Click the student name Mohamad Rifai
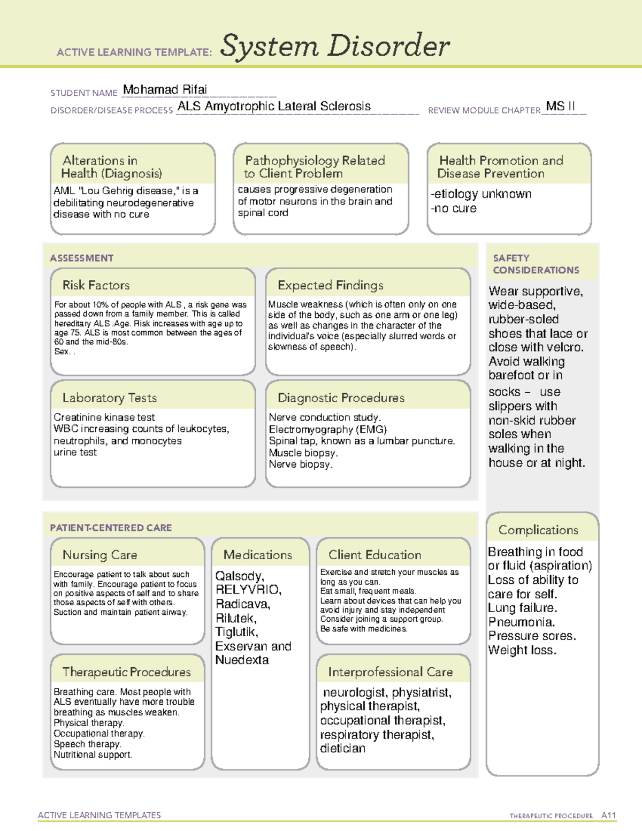pyautogui.click(x=165, y=90)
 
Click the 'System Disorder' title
pyautogui.click(x=335, y=46)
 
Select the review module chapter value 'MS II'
pyautogui.click(x=560, y=106)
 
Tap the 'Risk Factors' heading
pyautogui.click(x=96, y=285)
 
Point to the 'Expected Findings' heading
pyautogui.click(x=331, y=285)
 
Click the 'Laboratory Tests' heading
pyautogui.click(x=110, y=398)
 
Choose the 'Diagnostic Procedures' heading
pyautogui.click(x=341, y=398)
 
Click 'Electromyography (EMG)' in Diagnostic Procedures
pyautogui.click(x=327, y=429)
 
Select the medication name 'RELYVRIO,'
pyautogui.click(x=248, y=590)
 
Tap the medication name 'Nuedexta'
pyautogui.click(x=242, y=660)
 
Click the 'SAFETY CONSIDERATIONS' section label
pyautogui.click(x=536, y=264)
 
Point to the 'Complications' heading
pyautogui.click(x=538, y=530)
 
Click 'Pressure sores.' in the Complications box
pyautogui.click(x=532, y=636)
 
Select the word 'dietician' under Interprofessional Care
pyautogui.click(x=342, y=749)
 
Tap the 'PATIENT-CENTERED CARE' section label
pyautogui.click(x=111, y=528)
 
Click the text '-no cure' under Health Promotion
pyautogui.click(x=454, y=209)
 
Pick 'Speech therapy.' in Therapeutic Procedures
pyautogui.click(x=87, y=744)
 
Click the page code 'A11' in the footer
pyautogui.click(x=608, y=815)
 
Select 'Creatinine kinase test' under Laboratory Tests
pyautogui.click(x=104, y=417)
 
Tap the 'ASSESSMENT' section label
pyautogui.click(x=82, y=258)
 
